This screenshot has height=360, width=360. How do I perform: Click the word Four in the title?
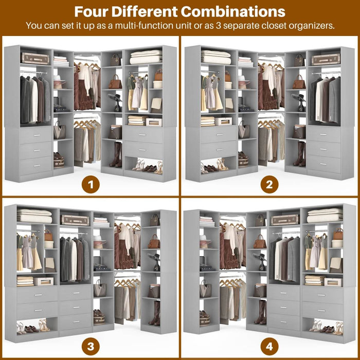point(97,12)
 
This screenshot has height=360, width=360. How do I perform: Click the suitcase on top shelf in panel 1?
point(35,59)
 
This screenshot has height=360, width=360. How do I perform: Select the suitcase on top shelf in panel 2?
point(326,60)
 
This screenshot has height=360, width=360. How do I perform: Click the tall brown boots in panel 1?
point(116,154)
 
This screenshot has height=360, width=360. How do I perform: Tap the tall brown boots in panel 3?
point(154,313)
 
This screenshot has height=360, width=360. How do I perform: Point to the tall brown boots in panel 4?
point(260,312)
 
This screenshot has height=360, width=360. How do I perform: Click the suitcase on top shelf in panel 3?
point(75,220)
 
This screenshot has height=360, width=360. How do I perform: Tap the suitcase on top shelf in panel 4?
point(284,220)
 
